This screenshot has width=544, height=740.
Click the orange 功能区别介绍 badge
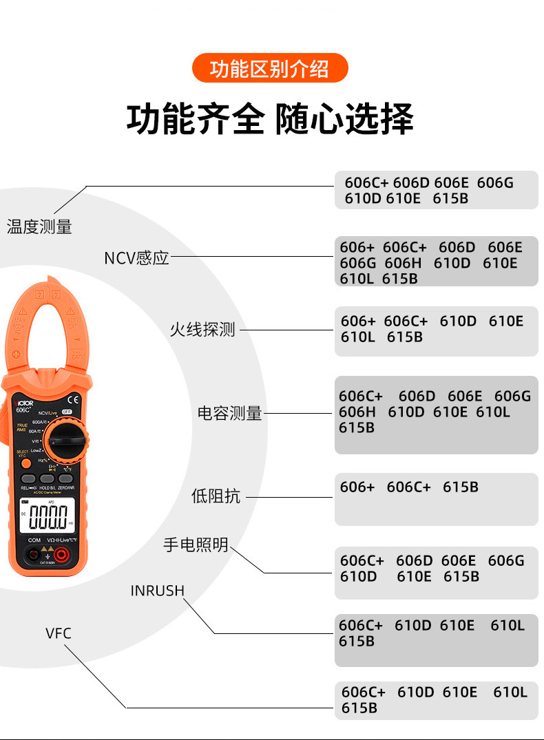[x=270, y=69]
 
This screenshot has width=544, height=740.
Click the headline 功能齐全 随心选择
[x=270, y=118]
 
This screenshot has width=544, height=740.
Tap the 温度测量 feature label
[x=39, y=226]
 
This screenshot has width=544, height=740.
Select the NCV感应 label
[x=136, y=258]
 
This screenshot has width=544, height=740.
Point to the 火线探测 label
[x=202, y=330]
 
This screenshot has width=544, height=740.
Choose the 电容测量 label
[x=229, y=414]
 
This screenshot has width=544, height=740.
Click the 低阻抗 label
[x=216, y=496]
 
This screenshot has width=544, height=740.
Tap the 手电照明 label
[x=196, y=545]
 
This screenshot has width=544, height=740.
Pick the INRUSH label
[x=158, y=591]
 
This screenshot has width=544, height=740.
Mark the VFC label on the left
[x=59, y=633]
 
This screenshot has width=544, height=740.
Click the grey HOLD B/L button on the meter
[x=47, y=478]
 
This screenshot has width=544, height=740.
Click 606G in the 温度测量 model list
[x=495, y=182]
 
